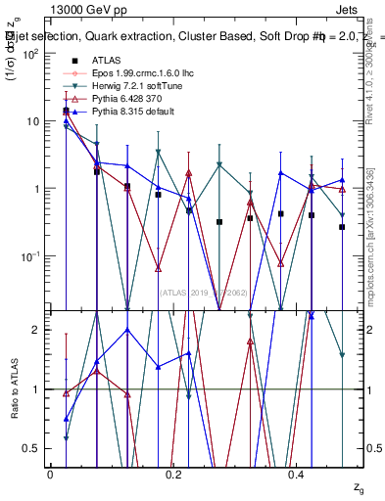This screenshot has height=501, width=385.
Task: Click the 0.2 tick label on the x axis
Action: pos(174,475)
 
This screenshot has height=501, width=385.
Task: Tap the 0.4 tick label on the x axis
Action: pos(299,475)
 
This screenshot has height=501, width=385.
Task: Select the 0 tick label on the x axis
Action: pos(50,475)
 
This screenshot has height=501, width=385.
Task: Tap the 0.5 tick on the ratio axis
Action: pos(34,448)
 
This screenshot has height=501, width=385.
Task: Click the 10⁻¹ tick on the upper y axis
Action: pos(30,256)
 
